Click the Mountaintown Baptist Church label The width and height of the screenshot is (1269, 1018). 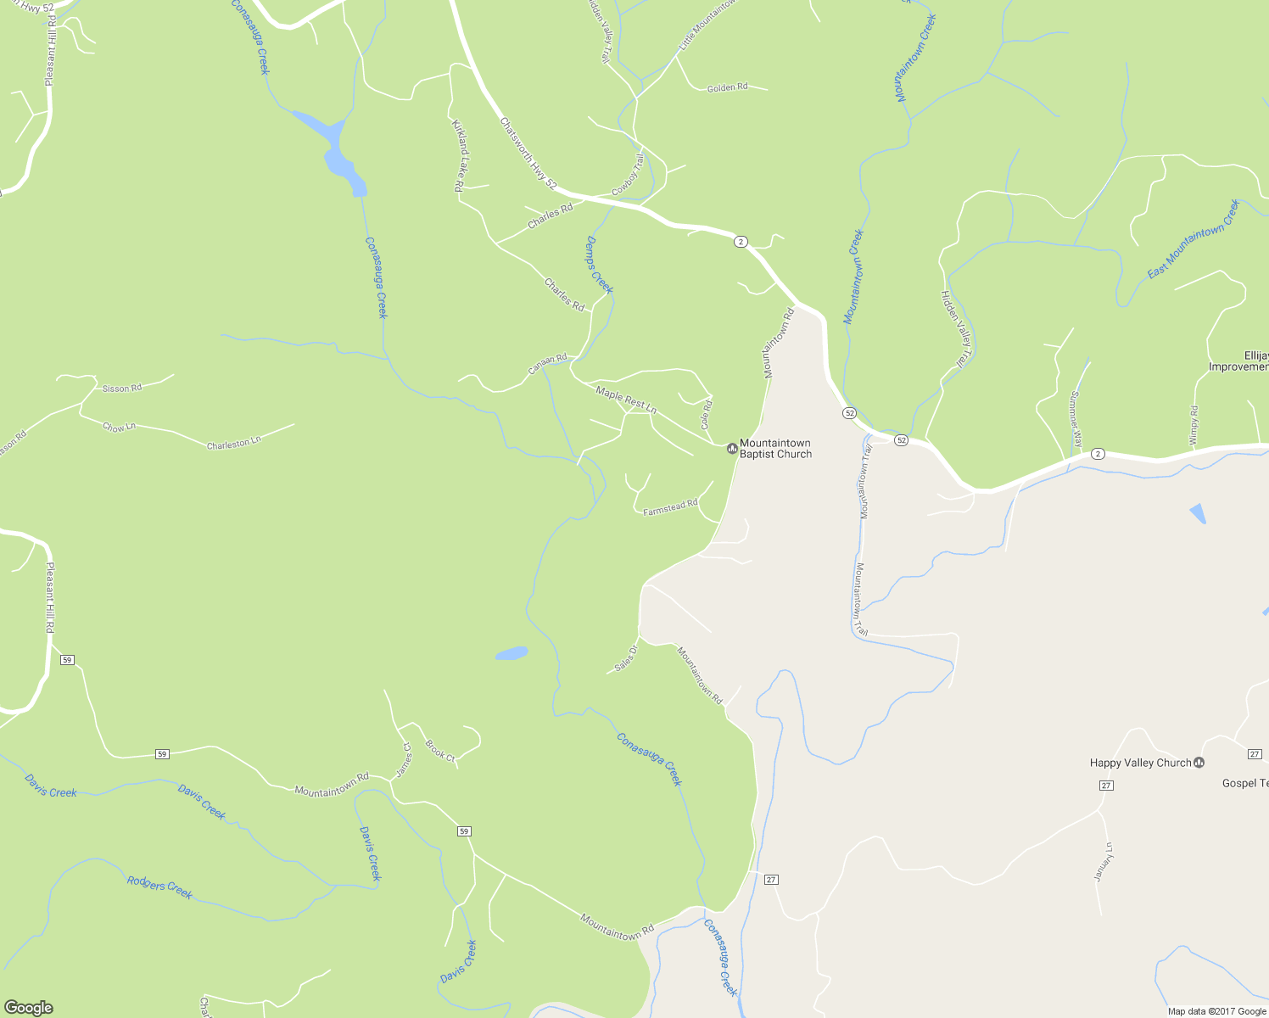(x=775, y=449)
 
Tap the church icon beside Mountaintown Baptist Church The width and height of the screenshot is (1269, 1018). (x=732, y=449)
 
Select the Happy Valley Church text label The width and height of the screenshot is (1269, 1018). (x=1140, y=763)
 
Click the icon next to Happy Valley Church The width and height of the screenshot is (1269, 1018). (x=1199, y=763)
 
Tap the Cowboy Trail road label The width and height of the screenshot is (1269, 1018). (x=629, y=175)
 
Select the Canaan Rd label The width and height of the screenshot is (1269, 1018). (x=547, y=364)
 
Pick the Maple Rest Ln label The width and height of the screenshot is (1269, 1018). (x=626, y=400)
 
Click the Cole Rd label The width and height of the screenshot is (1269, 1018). (x=707, y=415)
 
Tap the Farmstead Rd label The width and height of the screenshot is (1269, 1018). (x=670, y=508)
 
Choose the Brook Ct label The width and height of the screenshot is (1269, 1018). (x=440, y=750)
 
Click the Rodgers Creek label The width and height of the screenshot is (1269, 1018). (x=159, y=887)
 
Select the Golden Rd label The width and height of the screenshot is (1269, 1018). (x=728, y=87)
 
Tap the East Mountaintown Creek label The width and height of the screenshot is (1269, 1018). (x=1193, y=239)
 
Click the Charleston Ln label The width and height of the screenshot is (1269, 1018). (x=234, y=443)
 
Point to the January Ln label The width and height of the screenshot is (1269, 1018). (x=1103, y=862)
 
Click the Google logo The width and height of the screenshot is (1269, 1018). (x=28, y=1007)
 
